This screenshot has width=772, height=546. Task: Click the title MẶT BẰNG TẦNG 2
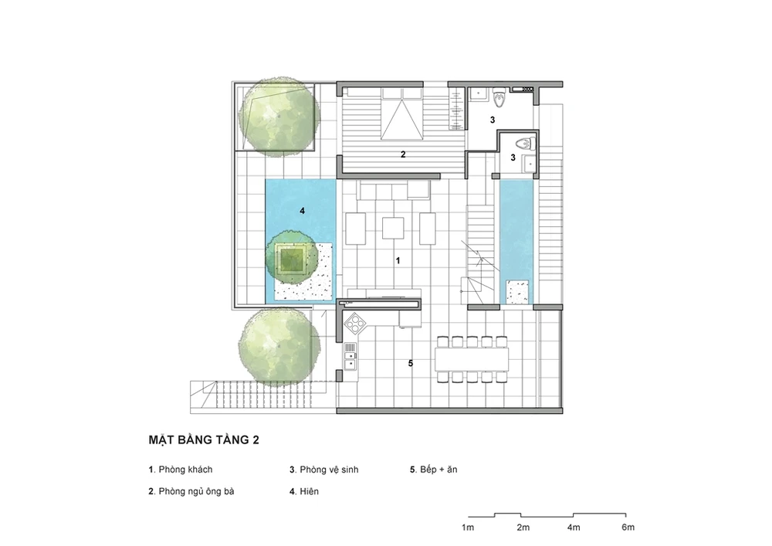[x=204, y=439]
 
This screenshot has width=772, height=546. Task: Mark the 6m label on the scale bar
[x=628, y=527]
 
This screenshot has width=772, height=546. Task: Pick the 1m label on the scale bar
[x=468, y=527]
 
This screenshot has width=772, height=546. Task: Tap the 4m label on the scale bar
[x=573, y=527]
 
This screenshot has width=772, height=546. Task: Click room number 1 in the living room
[x=398, y=260]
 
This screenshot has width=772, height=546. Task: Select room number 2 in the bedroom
[x=403, y=154]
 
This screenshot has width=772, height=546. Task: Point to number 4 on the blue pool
[x=303, y=211]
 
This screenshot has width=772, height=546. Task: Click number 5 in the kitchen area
[x=410, y=363]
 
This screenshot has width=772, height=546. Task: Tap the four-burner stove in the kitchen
[x=355, y=324]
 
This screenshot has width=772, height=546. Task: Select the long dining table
[x=472, y=360]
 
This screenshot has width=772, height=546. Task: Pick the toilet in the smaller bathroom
[x=524, y=144]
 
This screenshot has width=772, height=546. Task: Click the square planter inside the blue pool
[x=292, y=258]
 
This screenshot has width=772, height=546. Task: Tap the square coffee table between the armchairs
[x=394, y=228]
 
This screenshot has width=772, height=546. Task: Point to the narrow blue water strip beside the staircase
[x=516, y=242]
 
